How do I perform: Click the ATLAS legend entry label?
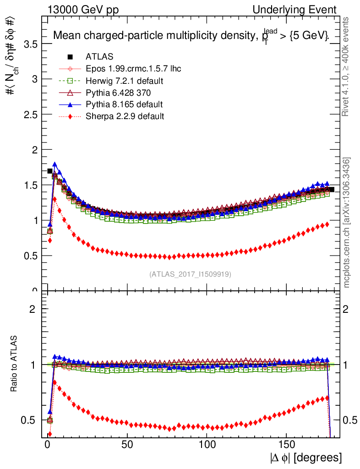pos(99,57)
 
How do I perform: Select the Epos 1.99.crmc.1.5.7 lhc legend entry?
pos(133,69)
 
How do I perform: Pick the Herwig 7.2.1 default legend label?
pos(125,81)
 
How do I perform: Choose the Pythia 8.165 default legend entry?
pos(124,104)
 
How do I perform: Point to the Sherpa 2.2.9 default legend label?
pos(125,116)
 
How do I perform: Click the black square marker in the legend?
pos(70,57)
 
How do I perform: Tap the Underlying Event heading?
pos(301,10)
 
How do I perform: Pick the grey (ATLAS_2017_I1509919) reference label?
pos(190,274)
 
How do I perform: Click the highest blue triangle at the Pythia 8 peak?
pos(55,164)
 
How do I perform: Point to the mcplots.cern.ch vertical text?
pos(347,223)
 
